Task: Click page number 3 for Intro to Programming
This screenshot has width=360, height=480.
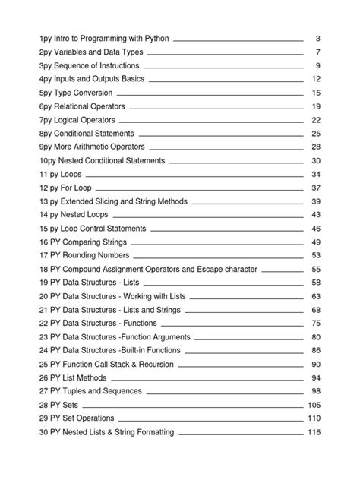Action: pos(317,38)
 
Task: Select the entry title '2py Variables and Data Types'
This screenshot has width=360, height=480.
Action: pos(91,52)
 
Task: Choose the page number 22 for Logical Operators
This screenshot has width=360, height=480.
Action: pos(317,120)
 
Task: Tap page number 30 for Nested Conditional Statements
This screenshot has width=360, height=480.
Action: pos(317,161)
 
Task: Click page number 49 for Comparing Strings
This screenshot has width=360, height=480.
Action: pos(317,242)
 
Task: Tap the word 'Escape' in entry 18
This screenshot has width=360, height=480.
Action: pos(208,270)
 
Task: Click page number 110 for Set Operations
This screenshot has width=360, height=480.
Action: pos(314,418)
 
